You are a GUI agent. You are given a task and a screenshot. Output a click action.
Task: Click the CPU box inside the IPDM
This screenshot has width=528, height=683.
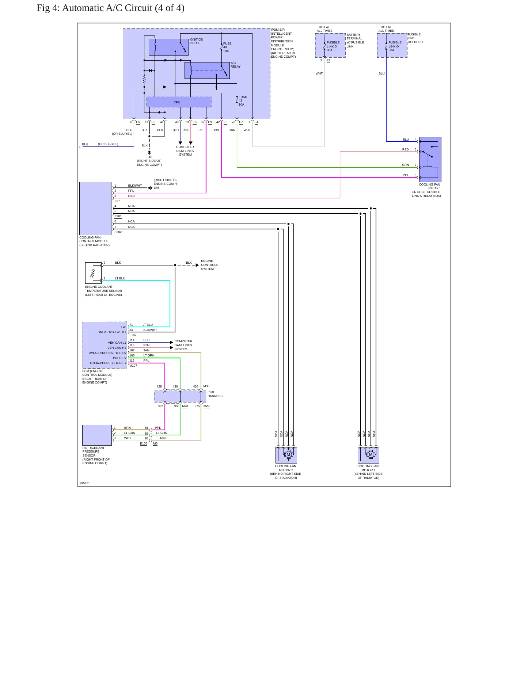click(x=179, y=102)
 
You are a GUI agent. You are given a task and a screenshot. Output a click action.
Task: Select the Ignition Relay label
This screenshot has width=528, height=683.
click(x=196, y=41)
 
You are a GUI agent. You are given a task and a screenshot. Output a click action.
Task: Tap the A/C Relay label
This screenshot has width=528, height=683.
click(x=236, y=65)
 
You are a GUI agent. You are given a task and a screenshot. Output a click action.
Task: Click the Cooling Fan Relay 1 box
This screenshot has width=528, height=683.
click(x=430, y=159)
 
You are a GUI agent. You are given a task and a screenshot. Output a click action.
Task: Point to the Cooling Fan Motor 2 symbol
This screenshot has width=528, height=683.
click(x=286, y=455)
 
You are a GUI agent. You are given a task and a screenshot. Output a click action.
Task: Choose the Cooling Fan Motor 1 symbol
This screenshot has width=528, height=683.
click(x=368, y=455)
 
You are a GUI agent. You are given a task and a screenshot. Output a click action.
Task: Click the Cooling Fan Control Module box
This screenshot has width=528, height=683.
click(x=95, y=209)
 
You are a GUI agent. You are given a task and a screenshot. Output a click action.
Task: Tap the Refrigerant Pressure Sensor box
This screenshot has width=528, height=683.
click(x=97, y=435)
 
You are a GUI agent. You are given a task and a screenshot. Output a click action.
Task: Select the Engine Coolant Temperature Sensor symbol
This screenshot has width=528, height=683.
click(x=93, y=273)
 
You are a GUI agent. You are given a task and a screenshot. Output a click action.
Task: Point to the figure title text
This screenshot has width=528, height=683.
click(x=110, y=8)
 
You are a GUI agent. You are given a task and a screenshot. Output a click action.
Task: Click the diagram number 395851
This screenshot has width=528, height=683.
click(x=85, y=483)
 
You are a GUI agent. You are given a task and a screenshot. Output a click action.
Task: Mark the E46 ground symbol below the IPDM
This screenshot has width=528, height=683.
click(x=149, y=152)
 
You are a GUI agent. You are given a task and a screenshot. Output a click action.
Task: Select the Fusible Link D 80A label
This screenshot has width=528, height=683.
click(x=333, y=46)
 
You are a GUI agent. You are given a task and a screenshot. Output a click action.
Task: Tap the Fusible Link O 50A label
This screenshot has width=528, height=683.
click(x=395, y=46)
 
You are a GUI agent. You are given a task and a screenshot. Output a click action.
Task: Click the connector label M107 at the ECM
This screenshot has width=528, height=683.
click(x=133, y=366)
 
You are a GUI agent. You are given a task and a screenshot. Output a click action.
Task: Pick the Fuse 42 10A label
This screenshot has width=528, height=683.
click(x=243, y=101)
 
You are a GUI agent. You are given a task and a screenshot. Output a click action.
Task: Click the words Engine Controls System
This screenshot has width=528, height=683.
click(x=209, y=265)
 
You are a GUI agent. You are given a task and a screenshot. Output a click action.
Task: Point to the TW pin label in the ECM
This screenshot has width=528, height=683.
click(x=123, y=327)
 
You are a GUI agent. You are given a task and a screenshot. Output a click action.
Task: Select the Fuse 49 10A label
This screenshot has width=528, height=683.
click(x=227, y=47)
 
